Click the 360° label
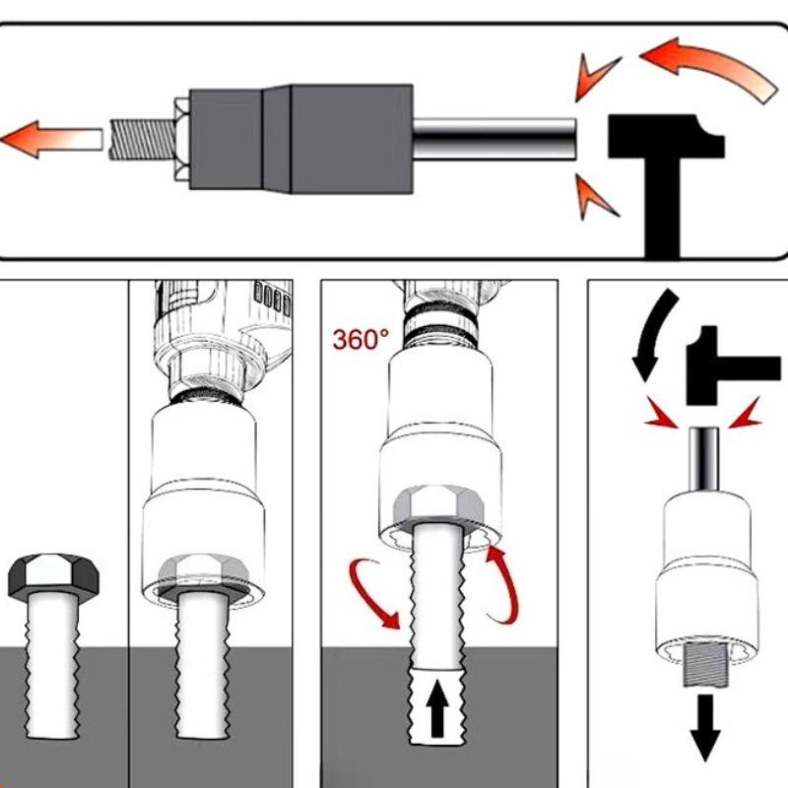361,340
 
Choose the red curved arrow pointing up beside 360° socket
502,585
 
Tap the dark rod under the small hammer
705,458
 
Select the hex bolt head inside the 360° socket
433,507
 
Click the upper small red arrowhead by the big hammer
597,79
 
